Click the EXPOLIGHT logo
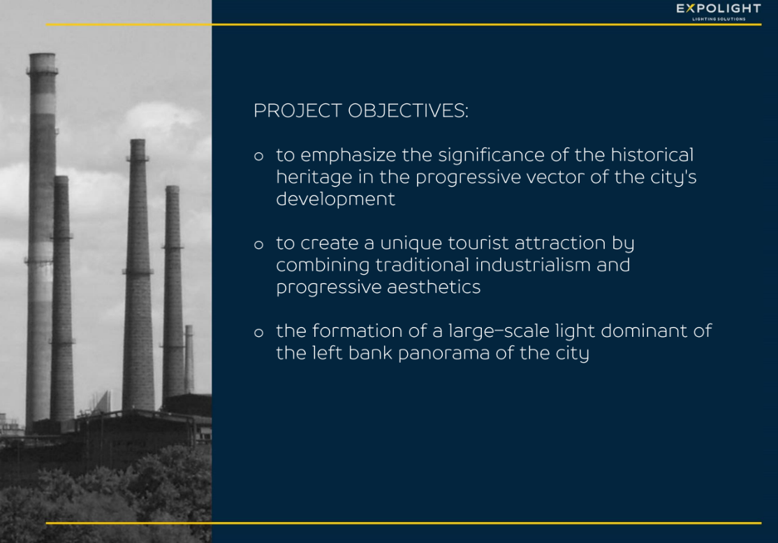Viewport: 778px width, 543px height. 718,12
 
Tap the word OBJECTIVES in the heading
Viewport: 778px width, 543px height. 408,110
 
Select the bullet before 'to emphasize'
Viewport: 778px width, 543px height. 258,157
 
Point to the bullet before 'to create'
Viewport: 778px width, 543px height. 258,244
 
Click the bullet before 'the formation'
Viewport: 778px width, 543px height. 258,332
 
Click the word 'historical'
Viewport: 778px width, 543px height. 652,155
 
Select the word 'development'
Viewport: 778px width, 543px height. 335,200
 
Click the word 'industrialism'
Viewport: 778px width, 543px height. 532,265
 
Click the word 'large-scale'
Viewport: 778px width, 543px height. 499,331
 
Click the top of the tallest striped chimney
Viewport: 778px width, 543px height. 42,55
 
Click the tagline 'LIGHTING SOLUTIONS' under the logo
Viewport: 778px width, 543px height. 719,20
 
